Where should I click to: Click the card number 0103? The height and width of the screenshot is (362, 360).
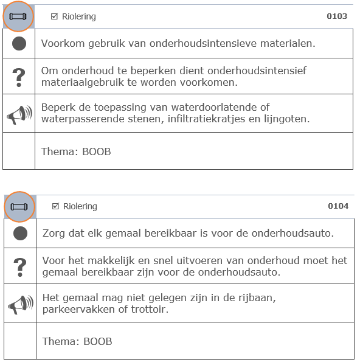pos(337,16)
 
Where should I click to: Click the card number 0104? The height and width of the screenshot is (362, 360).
pos(338,206)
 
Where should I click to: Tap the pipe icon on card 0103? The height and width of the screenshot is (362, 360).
pos(19,16)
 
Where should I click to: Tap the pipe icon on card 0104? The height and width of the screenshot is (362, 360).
pos(20,207)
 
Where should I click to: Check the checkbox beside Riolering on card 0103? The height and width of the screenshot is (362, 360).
pos(55,16)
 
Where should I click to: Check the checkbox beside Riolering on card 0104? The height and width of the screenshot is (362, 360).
pos(56,206)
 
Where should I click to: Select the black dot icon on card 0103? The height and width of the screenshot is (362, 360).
pos(19,44)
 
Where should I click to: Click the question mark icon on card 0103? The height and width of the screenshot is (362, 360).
pos(19,77)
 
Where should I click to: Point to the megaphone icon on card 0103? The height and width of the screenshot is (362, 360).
pos(19,114)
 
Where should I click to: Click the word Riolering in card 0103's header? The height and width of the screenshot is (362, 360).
pos(79,16)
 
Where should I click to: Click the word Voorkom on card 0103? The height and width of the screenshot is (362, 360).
pos(60,44)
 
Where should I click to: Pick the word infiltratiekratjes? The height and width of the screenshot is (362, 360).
pos(206,119)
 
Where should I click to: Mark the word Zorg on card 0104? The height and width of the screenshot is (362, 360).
pos(54,234)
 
